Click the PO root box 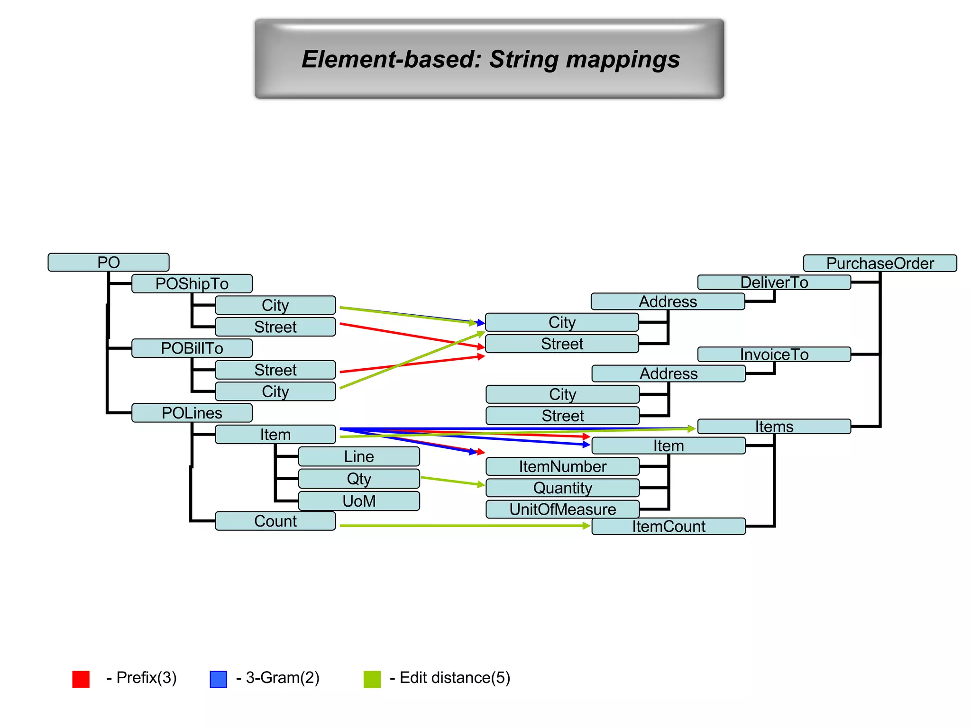click(x=108, y=262)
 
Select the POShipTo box click(x=192, y=283)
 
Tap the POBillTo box click(x=192, y=348)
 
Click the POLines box click(x=192, y=413)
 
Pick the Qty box click(x=359, y=478)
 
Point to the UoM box click(x=359, y=500)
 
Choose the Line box click(x=359, y=456)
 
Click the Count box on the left click(x=275, y=521)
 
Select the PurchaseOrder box click(x=880, y=263)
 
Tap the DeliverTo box click(x=774, y=282)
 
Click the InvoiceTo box click(x=774, y=354)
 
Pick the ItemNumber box click(x=562, y=466)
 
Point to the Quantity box click(x=562, y=488)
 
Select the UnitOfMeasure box click(x=562, y=509)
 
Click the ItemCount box click(x=669, y=526)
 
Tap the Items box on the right click(x=774, y=427)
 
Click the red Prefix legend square click(x=81, y=679)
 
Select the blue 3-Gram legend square click(x=219, y=679)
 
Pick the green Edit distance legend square click(x=372, y=679)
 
